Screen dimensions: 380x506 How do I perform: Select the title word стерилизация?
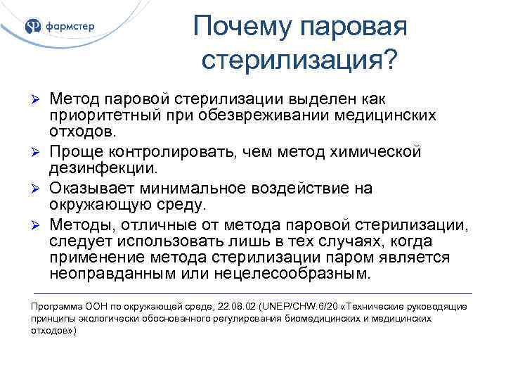299,61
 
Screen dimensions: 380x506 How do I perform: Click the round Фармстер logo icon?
33,27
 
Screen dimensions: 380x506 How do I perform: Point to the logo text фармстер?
70,27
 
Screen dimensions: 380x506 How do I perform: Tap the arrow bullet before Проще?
39,151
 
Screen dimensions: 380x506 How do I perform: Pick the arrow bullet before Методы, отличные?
39,224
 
